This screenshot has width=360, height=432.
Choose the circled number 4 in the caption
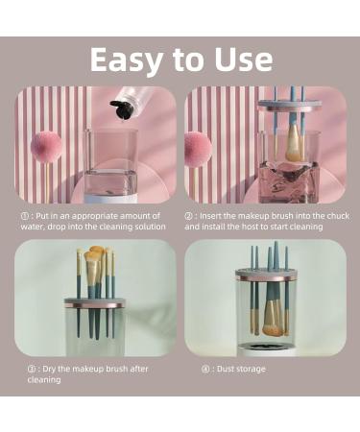click(205, 369)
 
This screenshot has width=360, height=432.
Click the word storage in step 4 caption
click(251, 369)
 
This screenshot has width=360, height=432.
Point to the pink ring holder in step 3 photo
click(95, 302)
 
